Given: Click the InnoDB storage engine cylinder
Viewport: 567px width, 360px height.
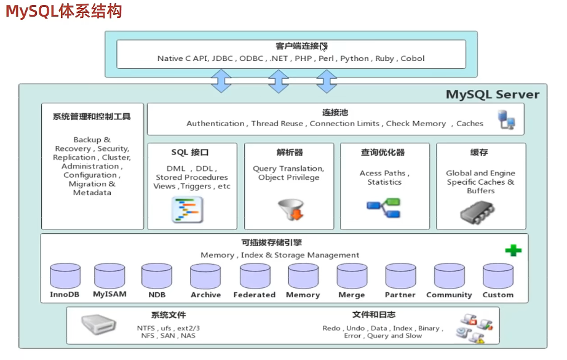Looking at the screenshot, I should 65,276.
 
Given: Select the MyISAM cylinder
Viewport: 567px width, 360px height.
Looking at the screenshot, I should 109,276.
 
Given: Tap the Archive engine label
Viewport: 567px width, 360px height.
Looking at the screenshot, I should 205,295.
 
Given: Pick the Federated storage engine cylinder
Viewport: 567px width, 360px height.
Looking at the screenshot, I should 255,276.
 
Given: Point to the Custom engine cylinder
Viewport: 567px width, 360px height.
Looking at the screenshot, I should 498,276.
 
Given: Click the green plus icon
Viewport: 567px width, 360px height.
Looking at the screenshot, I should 513,250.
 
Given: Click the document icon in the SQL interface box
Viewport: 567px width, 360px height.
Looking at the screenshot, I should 187,209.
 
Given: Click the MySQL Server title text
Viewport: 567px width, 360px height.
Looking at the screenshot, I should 492,95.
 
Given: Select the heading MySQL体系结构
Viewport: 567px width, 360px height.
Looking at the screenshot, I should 64,12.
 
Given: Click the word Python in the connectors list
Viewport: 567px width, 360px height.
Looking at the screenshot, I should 355,59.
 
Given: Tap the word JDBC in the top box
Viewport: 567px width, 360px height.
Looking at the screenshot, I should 222,59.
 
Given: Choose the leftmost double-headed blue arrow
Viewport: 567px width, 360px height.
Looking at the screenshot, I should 221,81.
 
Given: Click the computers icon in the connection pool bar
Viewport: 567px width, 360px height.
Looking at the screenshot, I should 507,119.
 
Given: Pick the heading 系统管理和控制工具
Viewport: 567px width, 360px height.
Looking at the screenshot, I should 92,116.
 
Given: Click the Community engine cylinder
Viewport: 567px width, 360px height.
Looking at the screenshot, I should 449,276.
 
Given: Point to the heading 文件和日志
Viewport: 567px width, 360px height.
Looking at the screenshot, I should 374,315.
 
